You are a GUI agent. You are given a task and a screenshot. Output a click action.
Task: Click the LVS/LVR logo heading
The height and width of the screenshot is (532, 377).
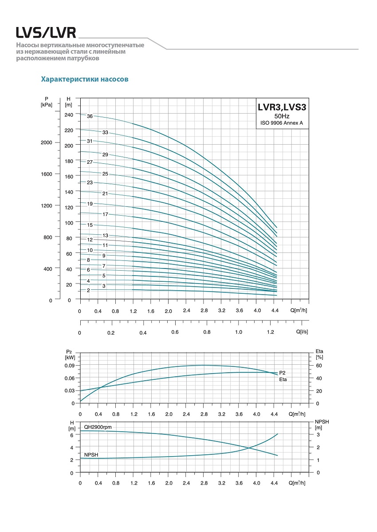click(x=46, y=32)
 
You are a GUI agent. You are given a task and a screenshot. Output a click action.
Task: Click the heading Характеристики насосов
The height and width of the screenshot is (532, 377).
click(x=85, y=79)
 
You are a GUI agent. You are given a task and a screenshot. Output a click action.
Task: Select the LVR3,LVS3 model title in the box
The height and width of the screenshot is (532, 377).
click(x=282, y=107)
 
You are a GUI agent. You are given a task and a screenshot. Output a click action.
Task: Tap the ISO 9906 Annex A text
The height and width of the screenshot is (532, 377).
click(x=282, y=123)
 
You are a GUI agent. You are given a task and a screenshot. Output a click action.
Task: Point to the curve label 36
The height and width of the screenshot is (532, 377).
click(x=90, y=116)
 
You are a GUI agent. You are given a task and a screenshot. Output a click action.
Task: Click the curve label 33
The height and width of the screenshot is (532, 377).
click(x=105, y=133)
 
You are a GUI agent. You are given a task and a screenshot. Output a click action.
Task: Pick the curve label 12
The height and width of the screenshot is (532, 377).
click(x=90, y=240)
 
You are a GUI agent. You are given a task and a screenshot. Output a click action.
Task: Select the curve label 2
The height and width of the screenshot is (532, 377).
click(x=88, y=290)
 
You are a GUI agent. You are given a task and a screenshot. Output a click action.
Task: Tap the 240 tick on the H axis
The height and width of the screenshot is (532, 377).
click(x=68, y=114)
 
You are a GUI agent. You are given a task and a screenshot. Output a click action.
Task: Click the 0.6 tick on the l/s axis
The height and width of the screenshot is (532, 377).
click(x=175, y=332)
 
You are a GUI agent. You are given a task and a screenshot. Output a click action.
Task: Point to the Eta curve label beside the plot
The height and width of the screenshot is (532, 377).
click(x=283, y=380)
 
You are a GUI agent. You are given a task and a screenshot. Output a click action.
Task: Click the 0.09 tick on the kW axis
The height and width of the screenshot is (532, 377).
click(x=70, y=366)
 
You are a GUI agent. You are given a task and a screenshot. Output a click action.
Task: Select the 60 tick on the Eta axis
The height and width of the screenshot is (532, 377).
click(x=318, y=366)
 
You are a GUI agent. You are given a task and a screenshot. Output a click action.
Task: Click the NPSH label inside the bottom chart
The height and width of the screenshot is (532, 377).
click(x=91, y=455)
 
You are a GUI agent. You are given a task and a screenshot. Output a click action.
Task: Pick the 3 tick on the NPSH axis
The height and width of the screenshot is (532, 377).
click(x=318, y=435)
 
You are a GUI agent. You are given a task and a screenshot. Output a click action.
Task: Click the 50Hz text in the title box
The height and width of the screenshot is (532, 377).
click(x=282, y=116)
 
